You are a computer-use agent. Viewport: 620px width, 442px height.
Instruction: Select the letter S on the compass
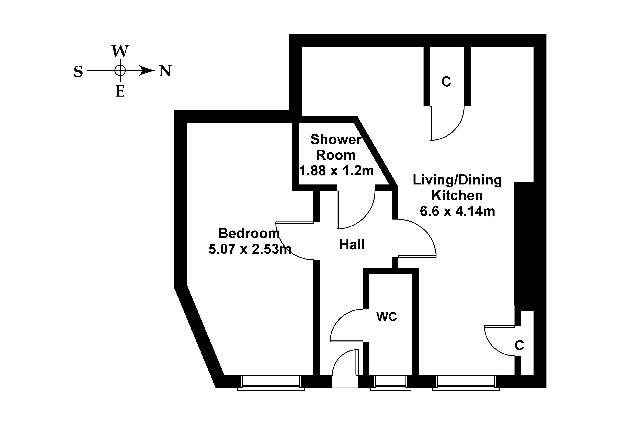pos(78,72)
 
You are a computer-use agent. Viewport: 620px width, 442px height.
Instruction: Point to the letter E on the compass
pos(120,91)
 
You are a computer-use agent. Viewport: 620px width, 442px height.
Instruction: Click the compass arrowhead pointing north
pos(147,71)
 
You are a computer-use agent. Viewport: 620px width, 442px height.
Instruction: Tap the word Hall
pos(352,245)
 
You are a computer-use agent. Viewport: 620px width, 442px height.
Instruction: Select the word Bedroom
pos(249,233)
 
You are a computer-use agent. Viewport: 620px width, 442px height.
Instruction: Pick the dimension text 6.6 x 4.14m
pos(457,211)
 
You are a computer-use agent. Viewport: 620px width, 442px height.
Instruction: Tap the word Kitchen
pos(457,195)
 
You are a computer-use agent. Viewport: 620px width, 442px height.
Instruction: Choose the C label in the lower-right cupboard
pos(519,345)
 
